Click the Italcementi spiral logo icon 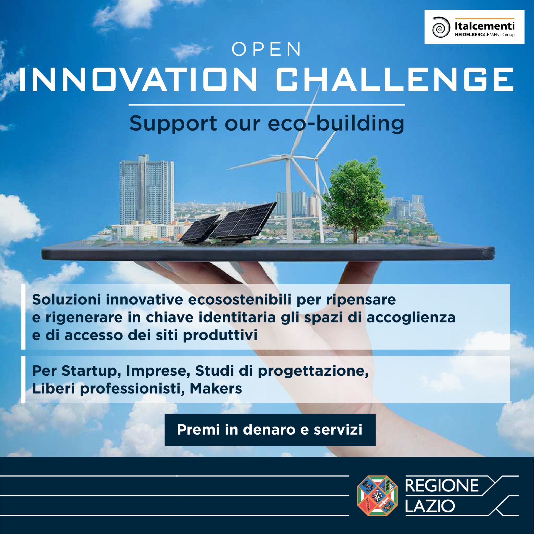441,27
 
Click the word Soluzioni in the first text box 66,299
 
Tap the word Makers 216,389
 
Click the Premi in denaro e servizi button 270,430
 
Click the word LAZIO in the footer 430,506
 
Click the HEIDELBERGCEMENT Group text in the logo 484,35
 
